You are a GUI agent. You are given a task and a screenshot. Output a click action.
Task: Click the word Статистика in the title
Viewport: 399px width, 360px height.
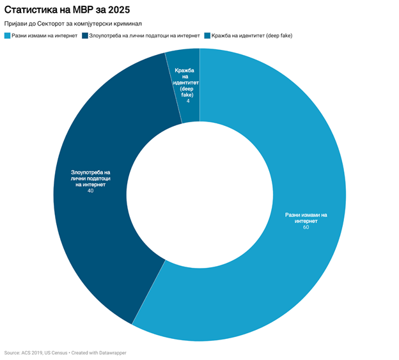[x=31, y=10]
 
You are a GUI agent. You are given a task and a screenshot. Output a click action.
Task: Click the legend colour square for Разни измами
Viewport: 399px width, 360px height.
[x=7, y=35]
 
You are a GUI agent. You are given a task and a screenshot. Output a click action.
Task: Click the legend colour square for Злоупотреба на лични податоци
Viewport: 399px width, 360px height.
[x=85, y=35]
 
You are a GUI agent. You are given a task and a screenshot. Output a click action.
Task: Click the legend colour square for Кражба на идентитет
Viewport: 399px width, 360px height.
[x=207, y=35]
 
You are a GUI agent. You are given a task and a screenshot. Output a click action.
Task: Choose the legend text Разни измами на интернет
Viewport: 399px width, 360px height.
[x=44, y=35]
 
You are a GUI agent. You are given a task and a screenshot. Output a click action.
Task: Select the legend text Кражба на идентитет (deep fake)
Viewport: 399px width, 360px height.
[x=252, y=35]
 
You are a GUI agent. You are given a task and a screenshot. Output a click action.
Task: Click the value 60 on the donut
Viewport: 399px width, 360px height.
[x=306, y=228]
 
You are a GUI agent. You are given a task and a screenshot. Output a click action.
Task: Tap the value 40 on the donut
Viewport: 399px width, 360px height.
[x=90, y=191]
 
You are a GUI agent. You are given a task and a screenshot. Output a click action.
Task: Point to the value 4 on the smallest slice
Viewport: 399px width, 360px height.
[x=187, y=101]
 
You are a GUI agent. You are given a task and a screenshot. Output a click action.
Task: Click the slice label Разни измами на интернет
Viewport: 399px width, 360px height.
[x=306, y=217]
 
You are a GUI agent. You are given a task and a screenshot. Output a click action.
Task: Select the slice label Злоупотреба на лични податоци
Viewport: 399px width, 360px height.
[x=90, y=178]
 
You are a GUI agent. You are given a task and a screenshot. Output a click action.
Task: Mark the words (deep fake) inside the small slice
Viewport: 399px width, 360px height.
[x=187, y=91]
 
